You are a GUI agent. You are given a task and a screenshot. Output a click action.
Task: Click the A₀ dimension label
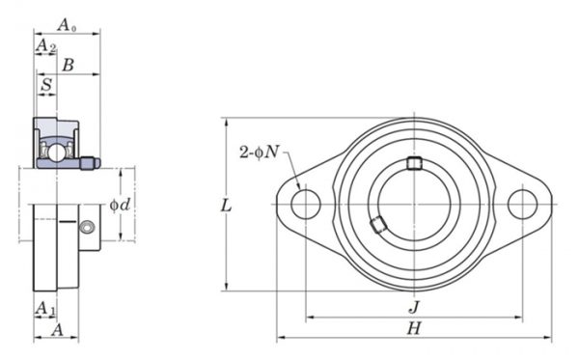[67, 25]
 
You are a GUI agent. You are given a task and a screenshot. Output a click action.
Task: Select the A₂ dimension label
[46, 45]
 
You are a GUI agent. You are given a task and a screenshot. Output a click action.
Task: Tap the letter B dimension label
[69, 65]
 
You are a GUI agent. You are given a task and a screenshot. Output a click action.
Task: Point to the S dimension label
[46, 85]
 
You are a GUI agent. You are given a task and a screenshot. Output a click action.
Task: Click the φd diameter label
[120, 205]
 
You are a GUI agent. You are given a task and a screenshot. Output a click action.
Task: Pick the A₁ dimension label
[45, 308]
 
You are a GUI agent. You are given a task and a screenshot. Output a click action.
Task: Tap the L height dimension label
[226, 206]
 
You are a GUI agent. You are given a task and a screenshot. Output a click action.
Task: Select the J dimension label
[414, 307]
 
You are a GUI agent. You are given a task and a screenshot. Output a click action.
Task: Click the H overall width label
[414, 328]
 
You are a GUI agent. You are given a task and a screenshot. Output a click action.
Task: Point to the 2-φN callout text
[260, 152]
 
